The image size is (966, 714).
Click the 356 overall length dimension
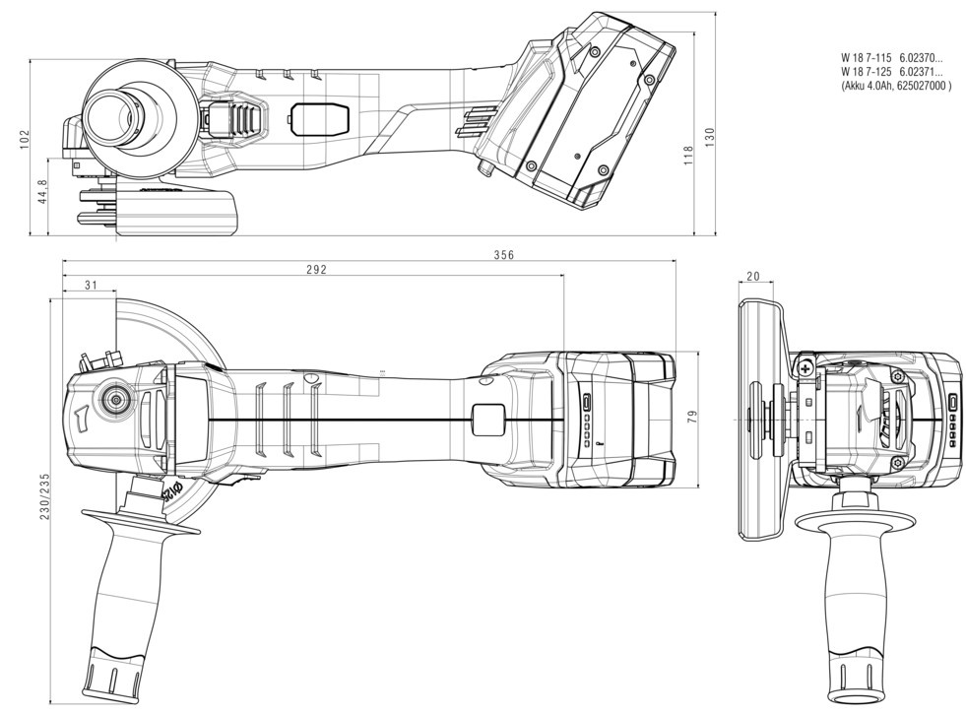click(504, 254)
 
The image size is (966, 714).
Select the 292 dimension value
click(315, 269)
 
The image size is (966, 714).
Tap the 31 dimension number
click(91, 286)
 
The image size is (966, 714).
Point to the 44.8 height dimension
click(41, 191)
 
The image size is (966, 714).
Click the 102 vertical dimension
click(25, 139)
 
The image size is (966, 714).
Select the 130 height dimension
click(709, 137)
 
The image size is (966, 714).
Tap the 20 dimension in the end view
click(753, 278)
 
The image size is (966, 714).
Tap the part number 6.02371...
click(921, 72)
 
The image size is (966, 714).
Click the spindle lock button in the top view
click(114, 401)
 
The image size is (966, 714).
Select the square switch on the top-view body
click(486, 420)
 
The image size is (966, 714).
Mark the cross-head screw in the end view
click(807, 368)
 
